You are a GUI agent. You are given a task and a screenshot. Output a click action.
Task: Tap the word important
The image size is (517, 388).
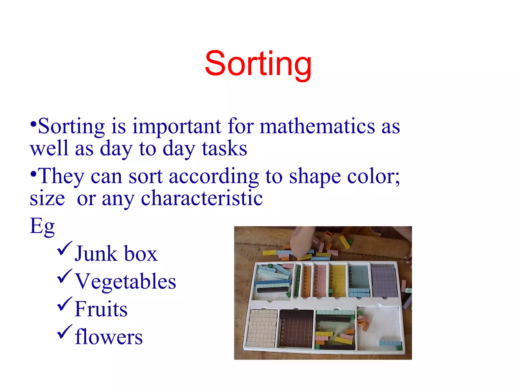[177, 126]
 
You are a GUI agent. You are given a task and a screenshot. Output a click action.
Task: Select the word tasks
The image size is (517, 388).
[224, 149]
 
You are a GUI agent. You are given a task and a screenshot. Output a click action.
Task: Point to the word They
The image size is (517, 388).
[61, 176]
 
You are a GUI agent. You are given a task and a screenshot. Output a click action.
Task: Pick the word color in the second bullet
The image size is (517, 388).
[372, 176]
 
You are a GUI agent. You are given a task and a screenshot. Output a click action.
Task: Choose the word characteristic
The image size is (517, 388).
[202, 198]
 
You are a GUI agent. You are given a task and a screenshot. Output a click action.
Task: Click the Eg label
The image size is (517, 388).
[42, 226]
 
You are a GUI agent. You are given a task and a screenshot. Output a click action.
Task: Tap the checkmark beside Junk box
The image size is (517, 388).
[64, 248]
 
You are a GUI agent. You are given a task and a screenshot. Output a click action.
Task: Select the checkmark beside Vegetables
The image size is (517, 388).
[64, 276]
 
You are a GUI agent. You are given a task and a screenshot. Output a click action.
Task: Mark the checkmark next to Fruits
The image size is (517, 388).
[64, 304]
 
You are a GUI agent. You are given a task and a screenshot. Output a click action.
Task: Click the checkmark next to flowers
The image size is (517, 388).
[64, 331]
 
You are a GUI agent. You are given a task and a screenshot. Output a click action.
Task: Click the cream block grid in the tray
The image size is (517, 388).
[261, 328]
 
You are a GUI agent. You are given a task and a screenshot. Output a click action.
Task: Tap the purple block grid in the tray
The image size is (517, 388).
[384, 281]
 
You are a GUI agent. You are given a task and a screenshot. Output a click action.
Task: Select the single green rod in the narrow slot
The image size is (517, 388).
[298, 280]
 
